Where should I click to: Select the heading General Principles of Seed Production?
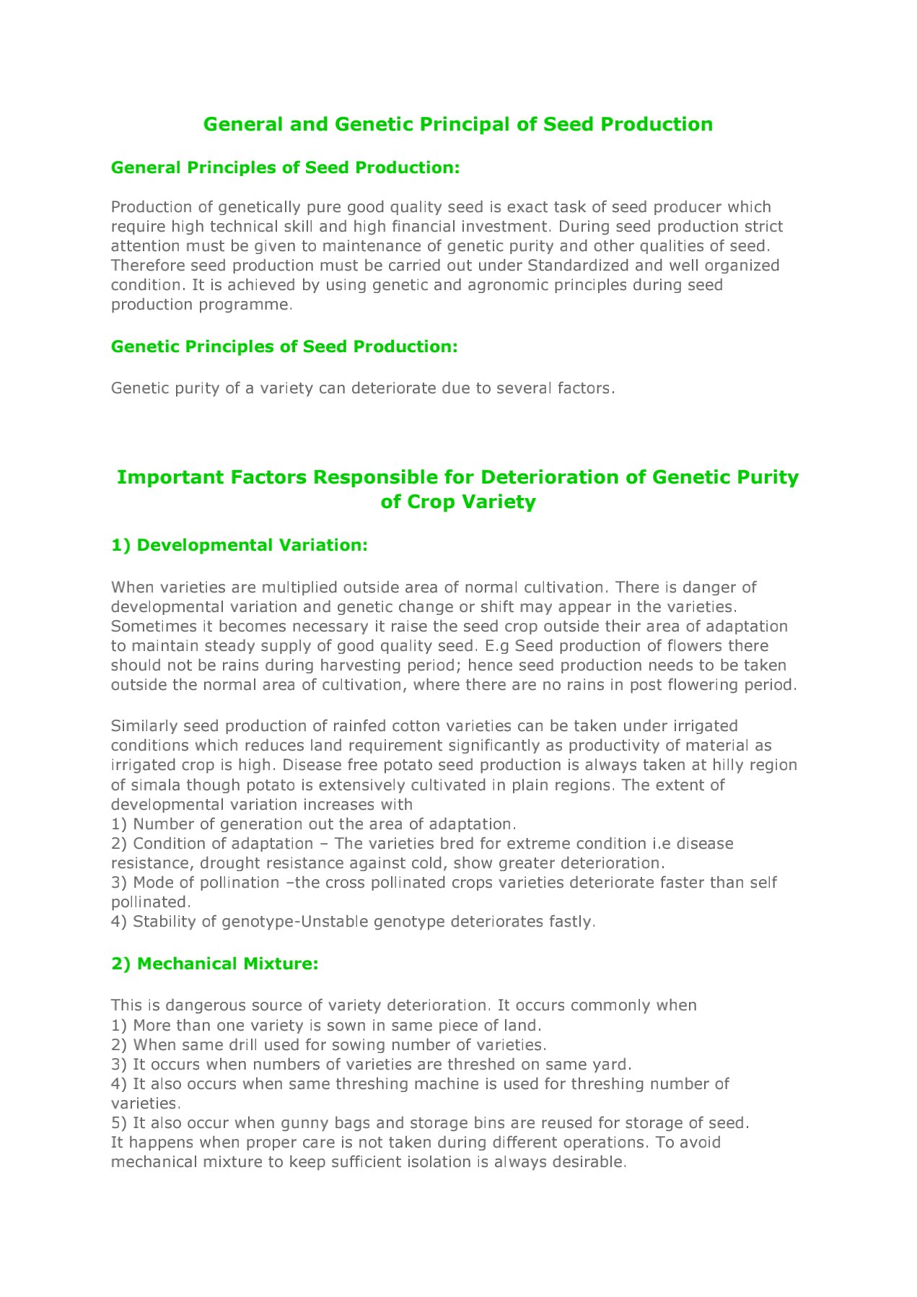pos(285,167)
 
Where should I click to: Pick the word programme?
pos(248,304)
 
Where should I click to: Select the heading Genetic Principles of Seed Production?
pos(284,346)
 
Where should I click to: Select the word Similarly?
pos(144,725)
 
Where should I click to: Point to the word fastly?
pos(571,922)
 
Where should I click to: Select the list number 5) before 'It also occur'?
pos(119,1122)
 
